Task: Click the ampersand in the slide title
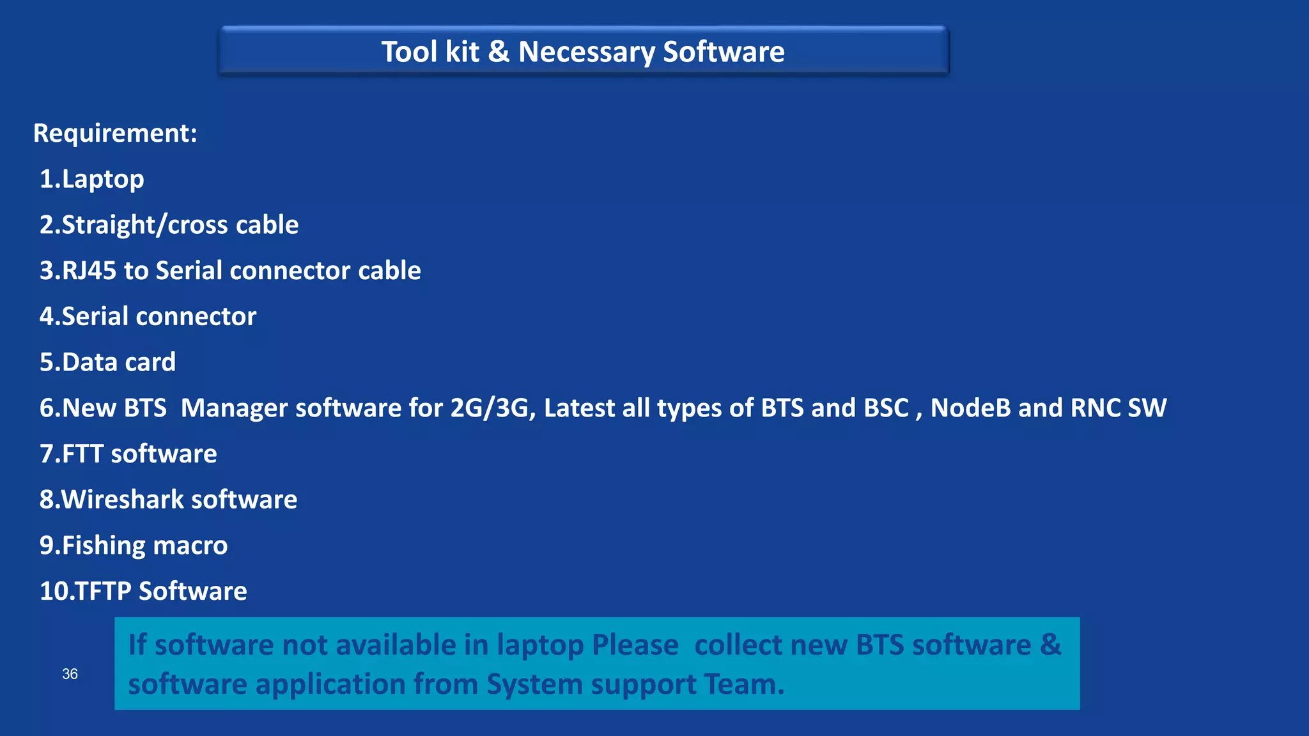pos(499,52)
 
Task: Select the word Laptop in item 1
pos(103,180)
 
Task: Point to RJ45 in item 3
pos(89,271)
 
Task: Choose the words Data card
pos(119,362)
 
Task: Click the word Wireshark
pos(122,500)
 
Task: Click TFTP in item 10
pos(104,592)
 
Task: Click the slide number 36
pos(70,674)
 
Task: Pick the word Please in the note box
pos(635,645)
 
